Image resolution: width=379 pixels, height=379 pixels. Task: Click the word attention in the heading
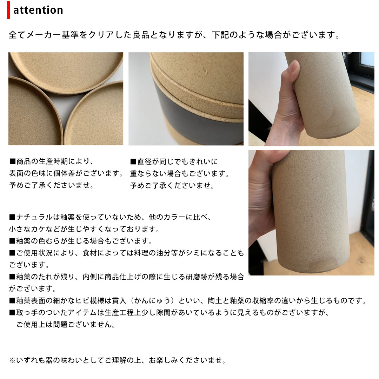(38, 10)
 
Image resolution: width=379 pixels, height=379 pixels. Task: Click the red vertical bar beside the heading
(8, 10)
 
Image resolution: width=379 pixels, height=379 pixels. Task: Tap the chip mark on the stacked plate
(206, 71)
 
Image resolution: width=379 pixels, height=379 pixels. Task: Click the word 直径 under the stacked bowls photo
(145, 161)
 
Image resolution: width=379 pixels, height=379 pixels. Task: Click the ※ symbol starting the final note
(12, 360)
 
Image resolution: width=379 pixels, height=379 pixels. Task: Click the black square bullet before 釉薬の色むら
(12, 241)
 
